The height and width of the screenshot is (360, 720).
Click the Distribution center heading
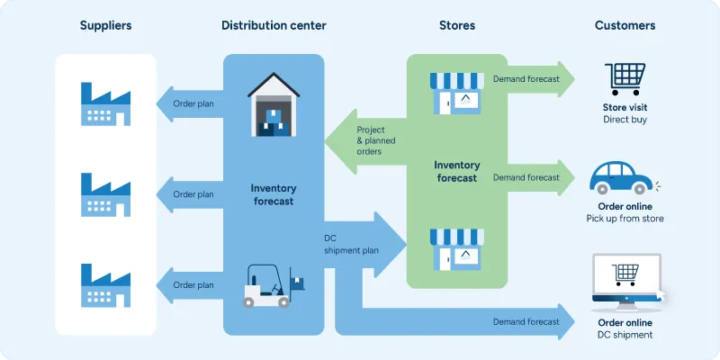(274, 25)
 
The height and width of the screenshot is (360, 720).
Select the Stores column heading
(456, 25)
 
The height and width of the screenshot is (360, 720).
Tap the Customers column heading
(625, 25)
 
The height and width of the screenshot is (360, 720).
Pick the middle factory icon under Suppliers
(105, 193)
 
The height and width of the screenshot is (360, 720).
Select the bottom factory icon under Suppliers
(105, 284)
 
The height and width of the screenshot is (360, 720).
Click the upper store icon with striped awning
(455, 93)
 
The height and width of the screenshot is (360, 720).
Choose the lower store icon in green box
(455, 248)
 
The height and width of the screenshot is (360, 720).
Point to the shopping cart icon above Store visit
(624, 78)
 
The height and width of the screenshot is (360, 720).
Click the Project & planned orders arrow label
(382, 140)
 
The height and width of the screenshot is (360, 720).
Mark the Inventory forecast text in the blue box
(273, 194)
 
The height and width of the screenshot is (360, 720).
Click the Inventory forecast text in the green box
(455, 171)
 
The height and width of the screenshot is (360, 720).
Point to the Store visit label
(625, 107)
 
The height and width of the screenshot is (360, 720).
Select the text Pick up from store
(625, 219)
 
